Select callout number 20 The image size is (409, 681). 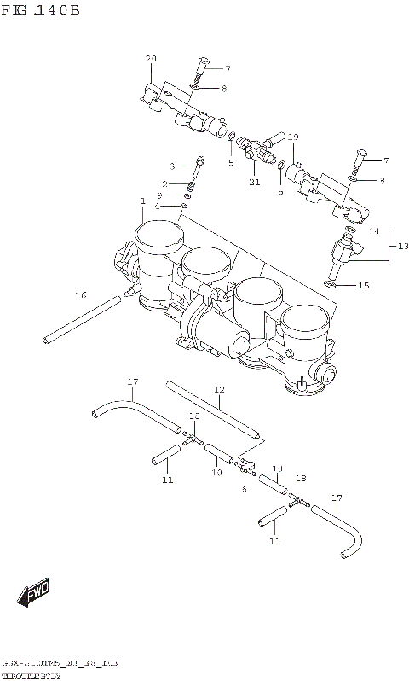[x=151, y=59]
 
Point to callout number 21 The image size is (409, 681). [x=254, y=181]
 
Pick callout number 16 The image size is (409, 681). [x=80, y=295]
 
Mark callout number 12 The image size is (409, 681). [x=219, y=390]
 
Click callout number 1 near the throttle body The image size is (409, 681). [x=143, y=201]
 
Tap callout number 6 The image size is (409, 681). [x=243, y=489]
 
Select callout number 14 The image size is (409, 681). [x=373, y=230]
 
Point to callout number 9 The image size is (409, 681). [x=170, y=196]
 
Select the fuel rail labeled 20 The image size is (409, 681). [x=183, y=109]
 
